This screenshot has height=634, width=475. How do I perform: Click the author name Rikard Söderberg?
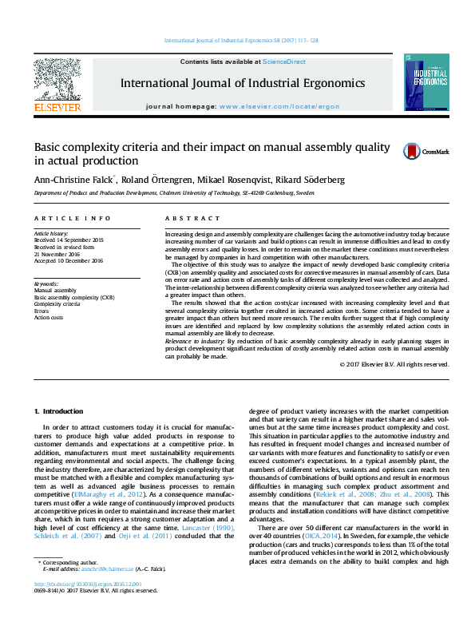(x=293, y=180)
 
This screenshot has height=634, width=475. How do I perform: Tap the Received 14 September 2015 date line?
(x=69, y=240)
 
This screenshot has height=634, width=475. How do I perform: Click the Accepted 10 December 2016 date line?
(x=69, y=260)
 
